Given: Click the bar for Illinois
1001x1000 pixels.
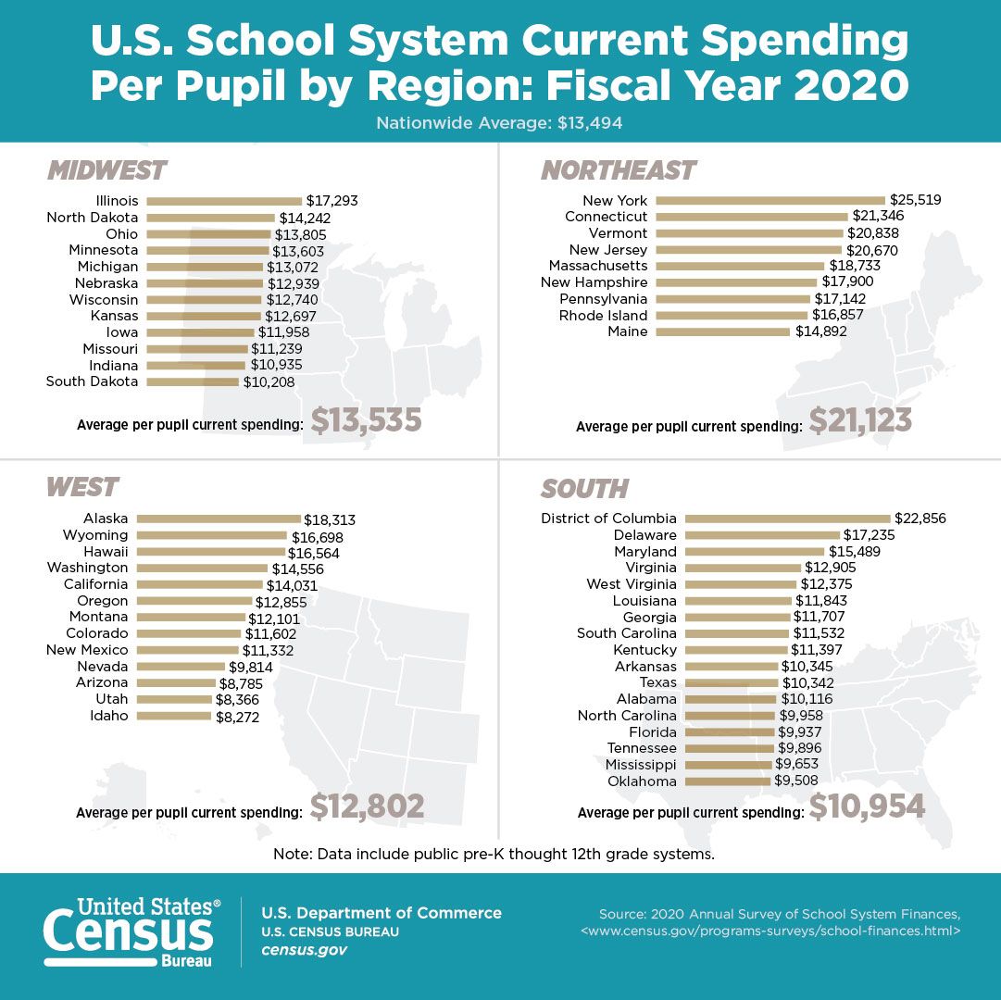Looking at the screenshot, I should [224, 201].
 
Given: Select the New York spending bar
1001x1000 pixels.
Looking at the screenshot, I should [770, 201].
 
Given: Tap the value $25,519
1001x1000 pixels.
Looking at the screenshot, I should [915, 200].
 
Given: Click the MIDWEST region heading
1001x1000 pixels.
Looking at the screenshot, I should [106, 171].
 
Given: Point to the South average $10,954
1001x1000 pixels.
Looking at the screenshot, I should [867, 806].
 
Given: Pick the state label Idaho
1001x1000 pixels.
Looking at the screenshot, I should [109, 716].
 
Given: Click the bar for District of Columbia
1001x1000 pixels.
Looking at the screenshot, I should [787, 519].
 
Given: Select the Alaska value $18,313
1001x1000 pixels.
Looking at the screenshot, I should [331, 520].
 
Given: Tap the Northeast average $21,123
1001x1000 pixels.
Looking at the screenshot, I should [860, 420].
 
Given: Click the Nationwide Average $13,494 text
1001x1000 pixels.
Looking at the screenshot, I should [500, 121].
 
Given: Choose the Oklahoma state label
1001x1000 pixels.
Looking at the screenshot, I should [642, 781].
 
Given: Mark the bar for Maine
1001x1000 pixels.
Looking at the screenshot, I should [722, 332].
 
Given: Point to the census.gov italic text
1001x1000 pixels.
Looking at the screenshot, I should [305, 951].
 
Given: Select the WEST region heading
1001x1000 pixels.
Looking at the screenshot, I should [81, 487].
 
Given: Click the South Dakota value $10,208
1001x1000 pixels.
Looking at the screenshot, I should [269, 381].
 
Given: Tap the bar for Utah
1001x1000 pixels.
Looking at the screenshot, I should [174, 700].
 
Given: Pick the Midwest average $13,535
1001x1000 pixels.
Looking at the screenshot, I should [366, 420].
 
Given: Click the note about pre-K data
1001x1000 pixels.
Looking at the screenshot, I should [494, 854].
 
